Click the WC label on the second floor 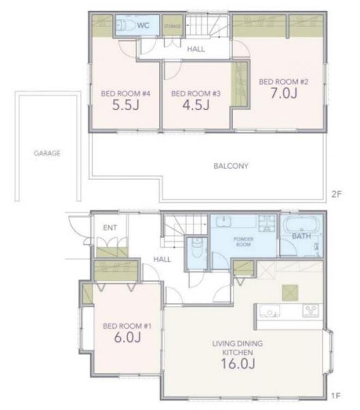tap(143, 25)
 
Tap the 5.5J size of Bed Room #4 tap(126, 105)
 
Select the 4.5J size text tap(196, 105)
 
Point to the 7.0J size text tap(284, 93)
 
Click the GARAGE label tap(48, 153)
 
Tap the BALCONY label tap(231, 166)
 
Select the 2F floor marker tap(337, 194)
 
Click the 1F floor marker tap(336, 396)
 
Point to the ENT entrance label tap(110, 228)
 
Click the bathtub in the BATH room tap(302, 224)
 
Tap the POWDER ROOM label tap(244, 242)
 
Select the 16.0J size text tap(238, 364)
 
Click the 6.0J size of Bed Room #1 tap(127, 337)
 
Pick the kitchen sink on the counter tap(269, 311)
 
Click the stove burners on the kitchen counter tap(311, 311)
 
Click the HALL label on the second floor tap(196, 49)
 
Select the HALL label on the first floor tap(162, 259)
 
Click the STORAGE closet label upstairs tap(173, 26)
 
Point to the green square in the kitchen tap(290, 292)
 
